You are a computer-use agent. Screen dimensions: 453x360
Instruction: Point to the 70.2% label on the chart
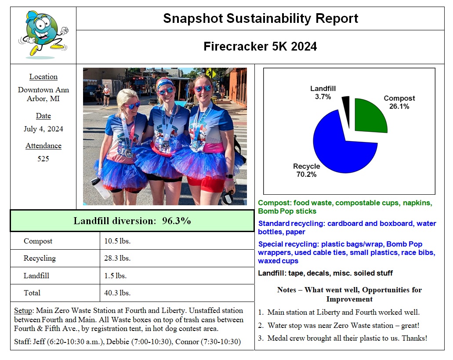pos(306,174)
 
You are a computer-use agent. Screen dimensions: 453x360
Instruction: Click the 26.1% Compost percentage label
pos(399,106)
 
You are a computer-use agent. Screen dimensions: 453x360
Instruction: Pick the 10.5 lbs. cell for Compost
pos(117,241)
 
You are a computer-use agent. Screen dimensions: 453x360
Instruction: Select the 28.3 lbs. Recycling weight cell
pos(117,258)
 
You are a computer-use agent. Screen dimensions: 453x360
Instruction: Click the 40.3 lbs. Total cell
pos(117,293)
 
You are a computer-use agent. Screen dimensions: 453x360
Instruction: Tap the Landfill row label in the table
pos(36,276)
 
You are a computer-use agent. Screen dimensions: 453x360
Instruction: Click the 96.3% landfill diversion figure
pos(176,221)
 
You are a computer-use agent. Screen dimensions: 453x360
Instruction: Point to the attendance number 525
pos(43,159)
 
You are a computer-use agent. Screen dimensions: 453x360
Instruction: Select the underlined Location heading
pos(43,76)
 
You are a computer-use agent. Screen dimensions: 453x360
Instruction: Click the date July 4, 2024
pos(43,128)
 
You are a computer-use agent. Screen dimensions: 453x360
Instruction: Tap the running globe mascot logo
pos(43,35)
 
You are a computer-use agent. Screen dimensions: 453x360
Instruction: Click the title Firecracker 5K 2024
pos(260,46)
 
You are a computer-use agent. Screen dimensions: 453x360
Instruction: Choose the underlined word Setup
pos(23,311)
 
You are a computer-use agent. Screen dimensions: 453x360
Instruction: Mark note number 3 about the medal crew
pos(343,338)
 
